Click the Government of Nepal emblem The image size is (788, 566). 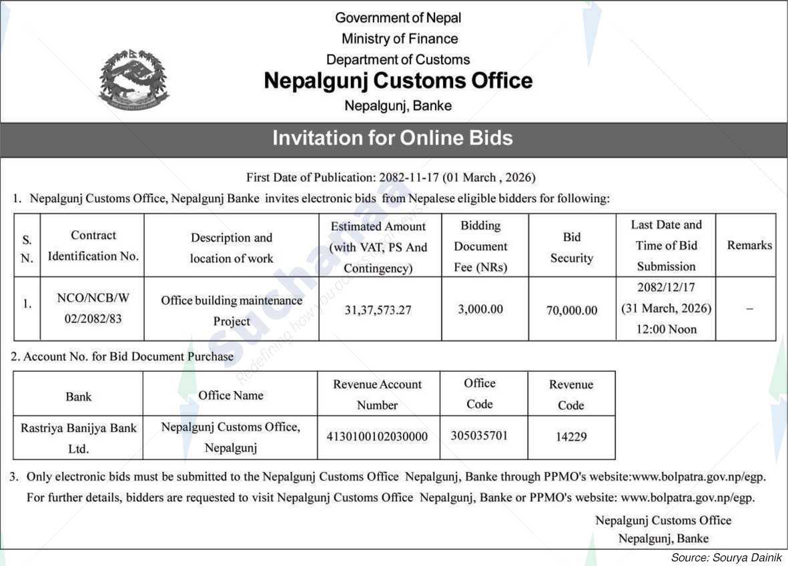pos(133,79)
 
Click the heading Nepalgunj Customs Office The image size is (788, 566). pos(398,81)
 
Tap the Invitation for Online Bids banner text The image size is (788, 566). pos(392,138)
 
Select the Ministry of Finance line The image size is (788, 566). pos(400,39)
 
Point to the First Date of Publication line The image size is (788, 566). pos(391,178)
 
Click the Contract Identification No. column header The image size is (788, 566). pos(93,246)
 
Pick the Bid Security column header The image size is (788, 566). pos(571,247)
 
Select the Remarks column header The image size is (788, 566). pos(749,245)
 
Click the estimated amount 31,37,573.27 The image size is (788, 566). pos(378,310)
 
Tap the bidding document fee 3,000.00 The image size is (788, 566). pos(480,309)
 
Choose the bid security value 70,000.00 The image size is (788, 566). pos(571,310)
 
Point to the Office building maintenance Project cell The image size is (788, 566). pos(232,310)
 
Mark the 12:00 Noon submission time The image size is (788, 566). pos(665,329)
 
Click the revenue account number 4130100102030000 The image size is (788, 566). pos(377,437)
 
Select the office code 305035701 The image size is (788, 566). pos(479,436)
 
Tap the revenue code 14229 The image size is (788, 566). pos(570,437)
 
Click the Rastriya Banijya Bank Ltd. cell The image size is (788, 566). pos(79,438)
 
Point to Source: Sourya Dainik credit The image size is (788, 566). pos(726,557)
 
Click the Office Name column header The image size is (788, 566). pos(230,395)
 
